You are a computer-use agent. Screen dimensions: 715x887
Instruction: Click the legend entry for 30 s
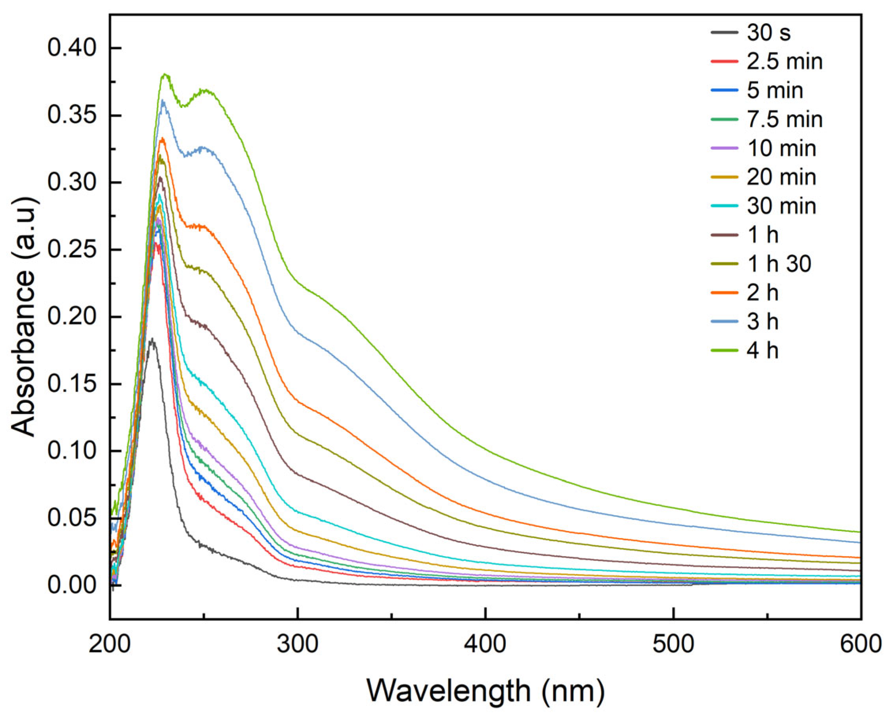click(769, 33)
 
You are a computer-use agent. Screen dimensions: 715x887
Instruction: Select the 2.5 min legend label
click(785, 62)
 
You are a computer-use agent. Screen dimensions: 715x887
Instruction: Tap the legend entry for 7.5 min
click(785, 119)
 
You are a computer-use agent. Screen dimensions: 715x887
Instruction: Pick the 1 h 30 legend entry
click(779, 264)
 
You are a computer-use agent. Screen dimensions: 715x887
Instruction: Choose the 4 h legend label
click(762, 351)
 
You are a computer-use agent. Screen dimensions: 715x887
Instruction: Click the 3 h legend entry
click(762, 322)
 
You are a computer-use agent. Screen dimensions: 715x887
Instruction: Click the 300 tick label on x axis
click(298, 644)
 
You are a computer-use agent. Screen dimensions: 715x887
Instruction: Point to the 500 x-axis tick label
click(673, 644)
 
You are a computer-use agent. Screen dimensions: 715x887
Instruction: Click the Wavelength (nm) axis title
click(485, 691)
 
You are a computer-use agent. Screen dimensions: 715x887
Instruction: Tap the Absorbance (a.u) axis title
click(24, 317)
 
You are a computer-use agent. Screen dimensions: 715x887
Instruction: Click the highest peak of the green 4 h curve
click(166, 74)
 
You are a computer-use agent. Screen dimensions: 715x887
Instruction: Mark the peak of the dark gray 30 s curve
click(153, 339)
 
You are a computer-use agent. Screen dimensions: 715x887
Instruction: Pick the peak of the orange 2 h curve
click(162, 139)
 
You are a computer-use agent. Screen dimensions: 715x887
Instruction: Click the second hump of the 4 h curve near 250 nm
click(206, 90)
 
